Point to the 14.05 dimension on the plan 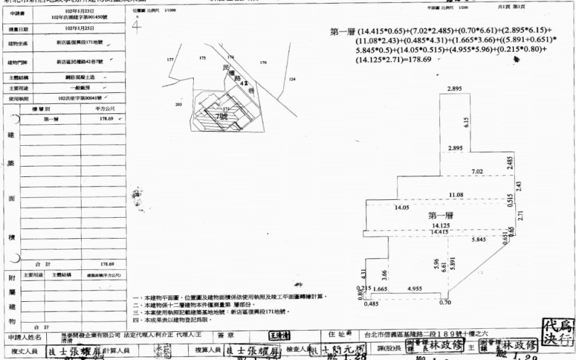[x=402, y=207]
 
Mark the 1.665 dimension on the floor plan [x=379, y=289]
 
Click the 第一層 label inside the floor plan [x=440, y=215]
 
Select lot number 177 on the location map [x=170, y=60]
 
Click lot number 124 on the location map [x=292, y=79]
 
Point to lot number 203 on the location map [x=178, y=104]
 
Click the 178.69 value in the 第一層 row [x=107, y=119]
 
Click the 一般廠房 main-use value [x=74, y=88]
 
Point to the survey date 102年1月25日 [x=74, y=28]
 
